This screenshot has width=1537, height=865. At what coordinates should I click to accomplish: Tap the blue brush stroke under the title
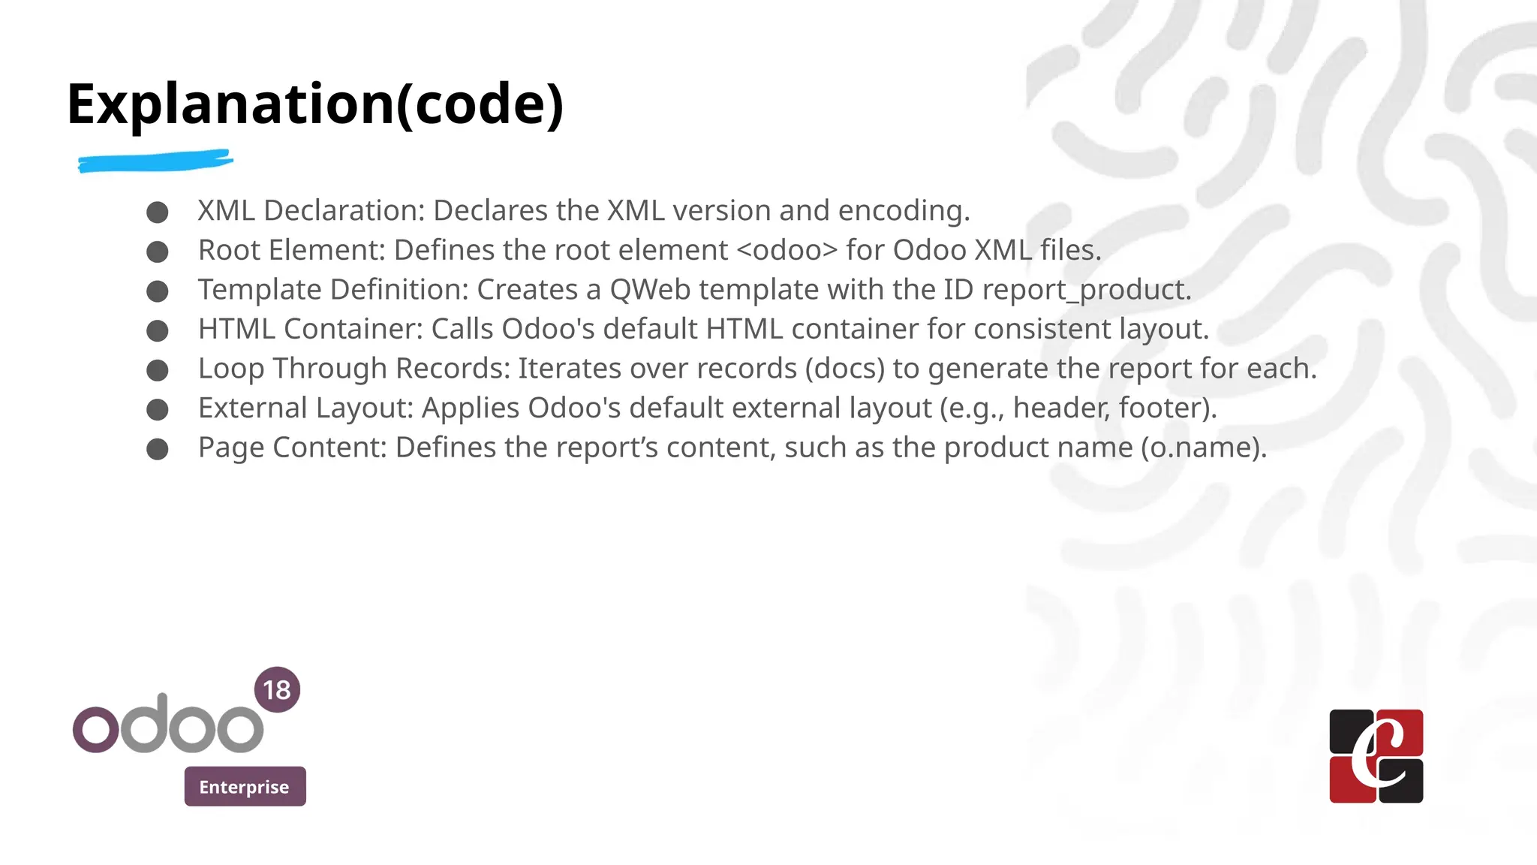[x=155, y=161]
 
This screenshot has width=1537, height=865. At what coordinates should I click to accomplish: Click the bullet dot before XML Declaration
[x=158, y=212]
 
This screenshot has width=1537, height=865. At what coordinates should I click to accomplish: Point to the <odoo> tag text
[x=787, y=250]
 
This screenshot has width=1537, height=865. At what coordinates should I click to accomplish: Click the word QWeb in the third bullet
[x=649, y=290]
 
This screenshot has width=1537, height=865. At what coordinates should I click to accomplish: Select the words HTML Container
[x=310, y=329]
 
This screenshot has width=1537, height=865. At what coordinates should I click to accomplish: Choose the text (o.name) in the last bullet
[x=1202, y=448]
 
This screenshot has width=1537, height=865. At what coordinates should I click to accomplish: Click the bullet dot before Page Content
[x=158, y=449]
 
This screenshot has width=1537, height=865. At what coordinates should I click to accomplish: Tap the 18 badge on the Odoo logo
[x=277, y=689]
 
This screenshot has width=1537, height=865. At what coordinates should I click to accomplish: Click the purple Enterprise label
[x=245, y=786]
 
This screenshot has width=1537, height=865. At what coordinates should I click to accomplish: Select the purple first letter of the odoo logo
[x=95, y=728]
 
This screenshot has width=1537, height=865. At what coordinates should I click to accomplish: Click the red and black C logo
[x=1376, y=756]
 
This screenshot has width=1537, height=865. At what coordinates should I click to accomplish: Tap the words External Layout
[x=305, y=408]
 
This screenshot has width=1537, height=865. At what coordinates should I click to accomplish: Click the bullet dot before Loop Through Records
[x=158, y=370]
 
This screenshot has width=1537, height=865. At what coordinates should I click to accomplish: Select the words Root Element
[x=290, y=250]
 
